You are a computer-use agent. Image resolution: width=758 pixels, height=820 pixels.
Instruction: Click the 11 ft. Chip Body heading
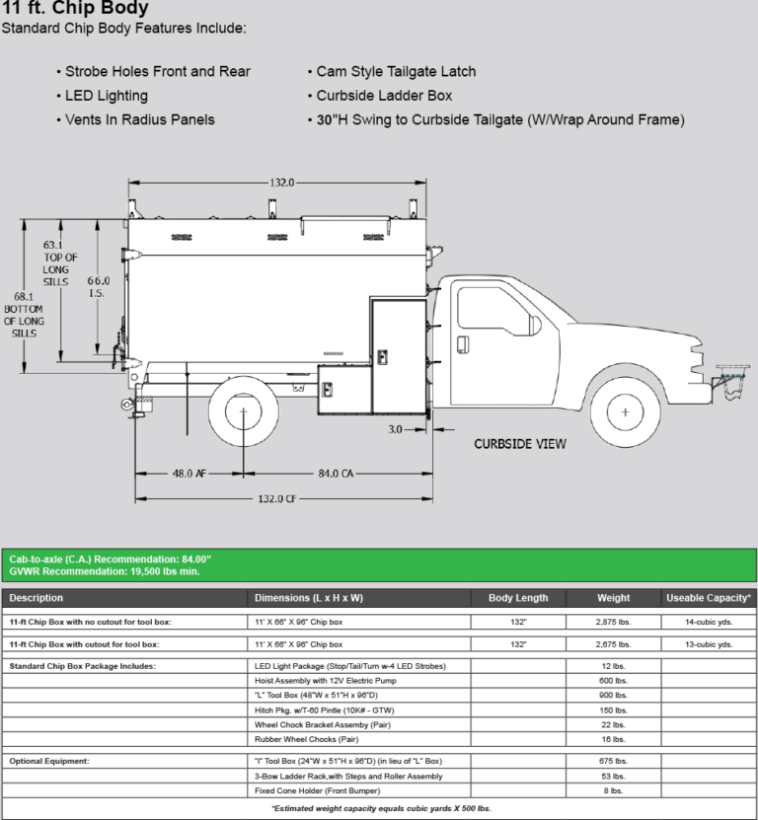[75, 8]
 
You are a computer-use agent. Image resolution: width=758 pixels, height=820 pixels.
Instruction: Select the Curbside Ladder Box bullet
[385, 96]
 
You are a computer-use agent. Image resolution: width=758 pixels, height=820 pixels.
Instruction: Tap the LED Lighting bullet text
[107, 96]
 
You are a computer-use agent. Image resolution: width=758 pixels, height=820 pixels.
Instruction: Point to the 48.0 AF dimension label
[189, 474]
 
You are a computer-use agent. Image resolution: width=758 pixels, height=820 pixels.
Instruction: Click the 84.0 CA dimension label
[334, 474]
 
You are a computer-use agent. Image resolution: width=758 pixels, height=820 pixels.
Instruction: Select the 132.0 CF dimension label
[277, 499]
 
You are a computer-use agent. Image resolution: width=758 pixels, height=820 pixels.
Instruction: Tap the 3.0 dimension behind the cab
[396, 429]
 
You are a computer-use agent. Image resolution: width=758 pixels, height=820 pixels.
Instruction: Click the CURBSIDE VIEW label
[520, 444]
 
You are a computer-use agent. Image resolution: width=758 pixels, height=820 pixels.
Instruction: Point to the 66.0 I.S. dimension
[98, 286]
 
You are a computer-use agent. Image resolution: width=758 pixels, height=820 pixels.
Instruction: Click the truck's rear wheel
[243, 410]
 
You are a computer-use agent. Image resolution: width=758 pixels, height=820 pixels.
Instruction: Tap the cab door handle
[460, 341]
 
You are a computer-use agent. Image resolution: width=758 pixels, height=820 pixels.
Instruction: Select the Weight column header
[613, 598]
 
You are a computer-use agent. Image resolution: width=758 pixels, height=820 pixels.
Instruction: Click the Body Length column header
[518, 598]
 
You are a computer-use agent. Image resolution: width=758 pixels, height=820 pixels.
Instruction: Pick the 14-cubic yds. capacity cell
[709, 623]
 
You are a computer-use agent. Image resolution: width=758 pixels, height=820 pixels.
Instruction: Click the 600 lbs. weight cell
[613, 681]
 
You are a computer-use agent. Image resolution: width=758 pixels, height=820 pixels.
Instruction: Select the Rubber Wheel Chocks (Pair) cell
[306, 738]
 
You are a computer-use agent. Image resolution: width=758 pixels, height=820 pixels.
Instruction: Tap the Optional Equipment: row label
[49, 762]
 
